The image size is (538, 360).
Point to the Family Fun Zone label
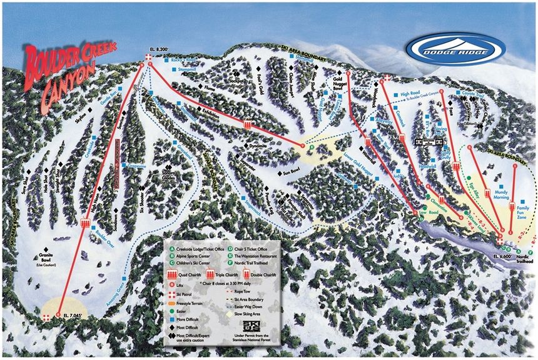(524, 211)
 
